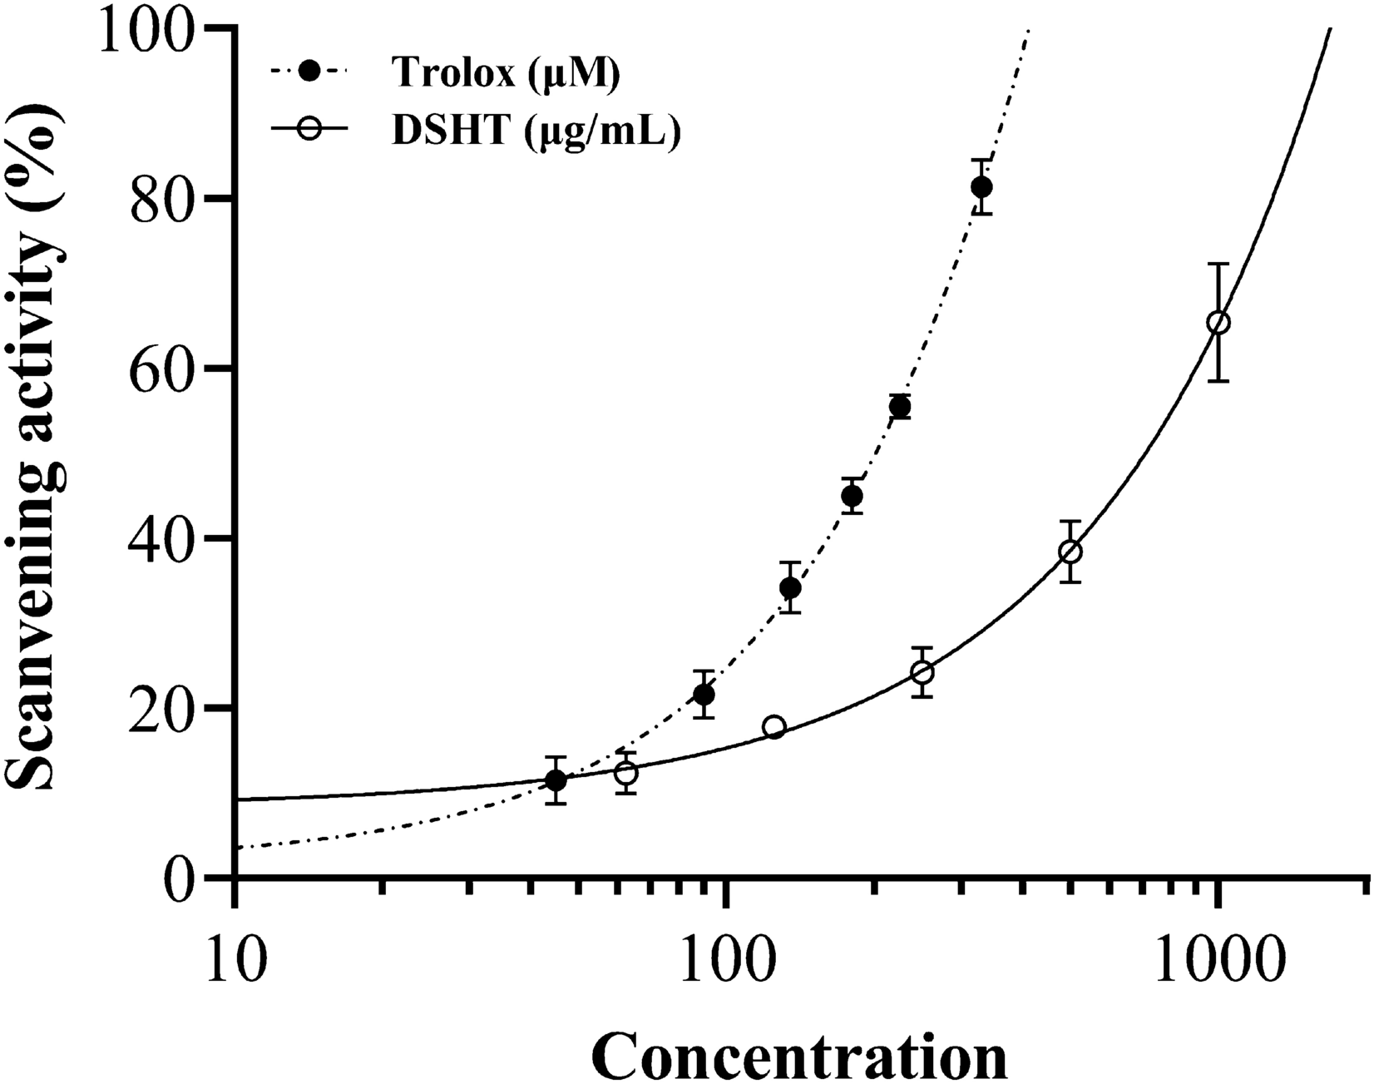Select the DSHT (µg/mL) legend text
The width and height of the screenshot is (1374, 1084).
(536, 132)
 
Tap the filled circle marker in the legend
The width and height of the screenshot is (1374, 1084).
(310, 72)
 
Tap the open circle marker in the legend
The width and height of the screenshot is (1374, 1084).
(310, 131)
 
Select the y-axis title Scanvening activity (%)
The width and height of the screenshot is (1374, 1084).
(40, 449)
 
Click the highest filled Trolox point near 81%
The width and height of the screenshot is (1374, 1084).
(981, 187)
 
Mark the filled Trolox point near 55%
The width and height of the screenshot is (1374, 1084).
(900, 407)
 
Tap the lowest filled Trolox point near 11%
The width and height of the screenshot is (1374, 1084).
(556, 780)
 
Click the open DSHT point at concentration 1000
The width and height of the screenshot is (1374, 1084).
(1218, 322)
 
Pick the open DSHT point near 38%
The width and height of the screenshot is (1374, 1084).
(1070, 552)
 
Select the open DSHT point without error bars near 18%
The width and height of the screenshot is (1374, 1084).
(774, 727)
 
